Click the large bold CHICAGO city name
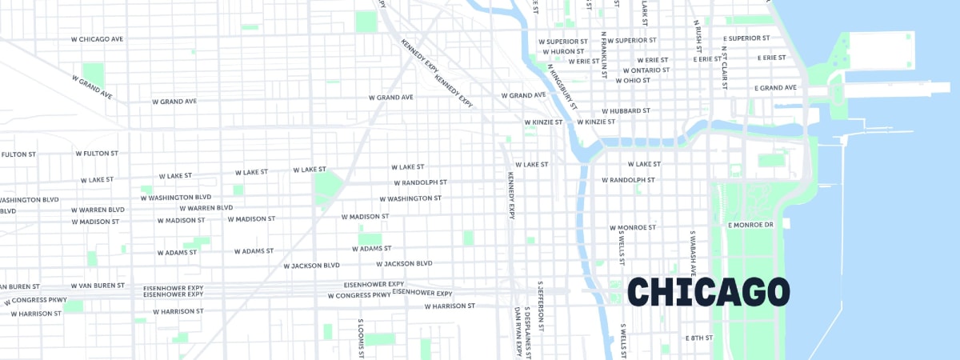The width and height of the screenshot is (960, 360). click(709, 292)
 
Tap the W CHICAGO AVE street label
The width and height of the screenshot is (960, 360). click(98, 38)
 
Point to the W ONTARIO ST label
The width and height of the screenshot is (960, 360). click(646, 70)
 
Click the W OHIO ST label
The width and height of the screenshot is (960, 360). click(633, 80)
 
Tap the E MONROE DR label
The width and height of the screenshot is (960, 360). click(750, 225)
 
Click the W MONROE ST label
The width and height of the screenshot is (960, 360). click(633, 227)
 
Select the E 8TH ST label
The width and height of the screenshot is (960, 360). click(698, 338)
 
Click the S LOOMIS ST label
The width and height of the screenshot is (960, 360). click(361, 337)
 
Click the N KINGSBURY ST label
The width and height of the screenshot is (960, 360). click(562, 86)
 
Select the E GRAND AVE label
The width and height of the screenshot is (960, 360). click(775, 87)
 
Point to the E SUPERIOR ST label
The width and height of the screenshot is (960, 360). click(746, 38)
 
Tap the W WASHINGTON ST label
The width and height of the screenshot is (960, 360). click(410, 198)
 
